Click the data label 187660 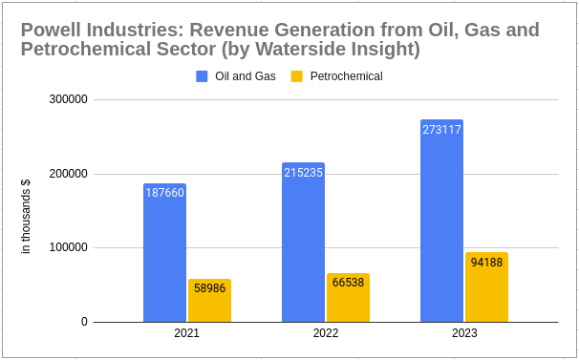[164, 193]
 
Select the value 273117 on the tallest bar [441, 130]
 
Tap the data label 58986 [209, 287]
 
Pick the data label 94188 [486, 262]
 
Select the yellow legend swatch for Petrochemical [297, 76]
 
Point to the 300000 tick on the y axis [69, 99]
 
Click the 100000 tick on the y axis [69, 248]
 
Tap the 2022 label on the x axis [326, 333]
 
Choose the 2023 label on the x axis [464, 333]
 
